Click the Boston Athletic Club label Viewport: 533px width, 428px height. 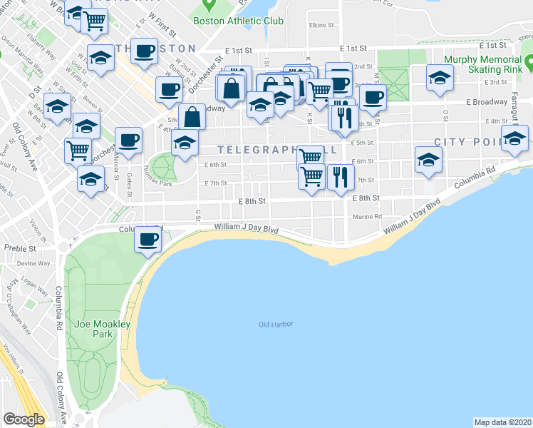click(x=238, y=21)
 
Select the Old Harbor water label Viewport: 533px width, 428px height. click(x=276, y=325)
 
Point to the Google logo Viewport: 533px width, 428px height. click(x=24, y=419)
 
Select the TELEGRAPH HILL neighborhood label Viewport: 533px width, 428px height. click(x=267, y=150)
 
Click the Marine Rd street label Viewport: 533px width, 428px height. click(x=367, y=217)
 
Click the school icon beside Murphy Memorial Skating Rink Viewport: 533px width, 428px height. click(x=440, y=77)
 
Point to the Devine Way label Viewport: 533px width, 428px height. click(x=33, y=263)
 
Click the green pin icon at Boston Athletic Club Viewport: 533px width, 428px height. click(x=209, y=6)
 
